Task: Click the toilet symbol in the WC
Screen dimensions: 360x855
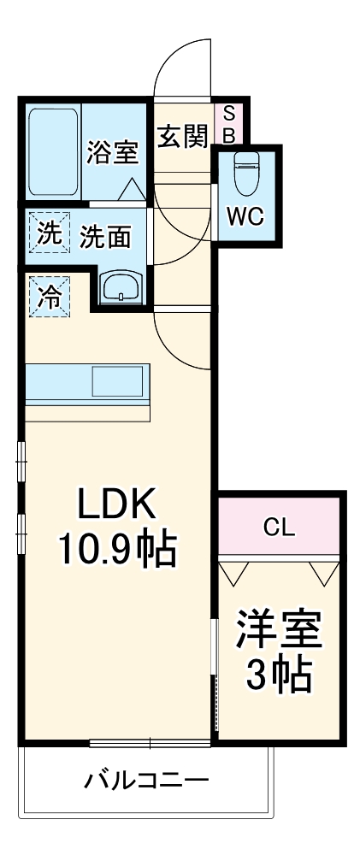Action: click(x=246, y=173)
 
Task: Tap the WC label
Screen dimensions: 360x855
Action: click(x=245, y=217)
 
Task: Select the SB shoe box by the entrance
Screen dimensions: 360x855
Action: click(x=228, y=125)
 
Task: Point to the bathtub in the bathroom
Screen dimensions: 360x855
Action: click(x=53, y=152)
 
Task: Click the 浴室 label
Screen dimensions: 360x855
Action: click(x=114, y=152)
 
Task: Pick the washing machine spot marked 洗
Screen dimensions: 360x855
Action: click(x=49, y=233)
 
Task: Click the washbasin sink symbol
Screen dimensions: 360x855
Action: click(x=121, y=286)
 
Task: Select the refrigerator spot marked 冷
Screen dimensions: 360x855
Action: click(x=49, y=297)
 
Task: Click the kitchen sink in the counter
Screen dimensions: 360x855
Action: click(x=117, y=381)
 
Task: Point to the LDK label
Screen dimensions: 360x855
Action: click(x=117, y=505)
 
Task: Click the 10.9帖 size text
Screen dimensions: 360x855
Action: click(x=117, y=551)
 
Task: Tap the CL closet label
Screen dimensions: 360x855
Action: click(x=279, y=528)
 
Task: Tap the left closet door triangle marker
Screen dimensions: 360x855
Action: click(x=234, y=573)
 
